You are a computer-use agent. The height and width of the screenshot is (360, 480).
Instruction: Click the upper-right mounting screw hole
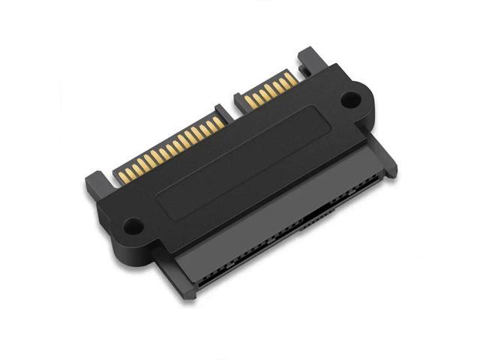coord(349,97)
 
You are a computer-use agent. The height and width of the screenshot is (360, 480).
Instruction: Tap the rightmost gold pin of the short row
coord(292,78)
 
